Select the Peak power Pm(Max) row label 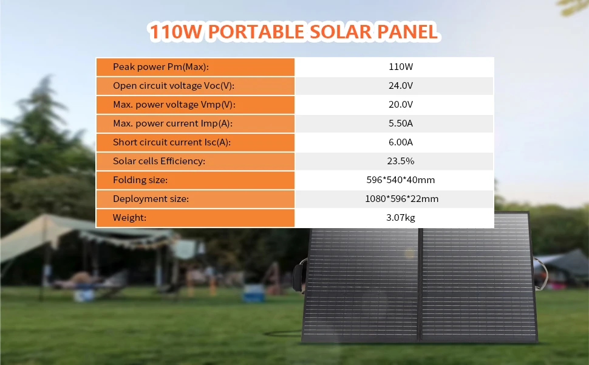161,66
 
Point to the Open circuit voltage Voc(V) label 174,85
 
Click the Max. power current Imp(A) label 173,123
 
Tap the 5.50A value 401,123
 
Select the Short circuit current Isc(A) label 172,142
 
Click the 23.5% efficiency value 401,161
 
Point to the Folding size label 140,180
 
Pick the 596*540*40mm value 401,180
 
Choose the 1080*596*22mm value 401,199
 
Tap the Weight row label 129,218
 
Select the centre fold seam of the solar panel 420,285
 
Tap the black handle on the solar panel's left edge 300,277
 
